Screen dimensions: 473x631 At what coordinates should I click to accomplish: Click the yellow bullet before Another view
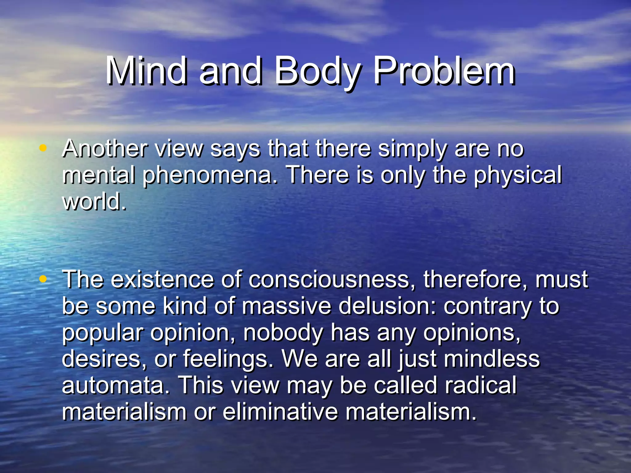(43, 148)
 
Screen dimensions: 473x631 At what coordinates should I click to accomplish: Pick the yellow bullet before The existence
(43, 279)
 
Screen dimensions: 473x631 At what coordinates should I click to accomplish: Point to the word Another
(104, 149)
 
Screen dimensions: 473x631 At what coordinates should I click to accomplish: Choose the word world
(94, 201)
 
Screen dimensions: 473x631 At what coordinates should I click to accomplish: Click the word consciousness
(332, 280)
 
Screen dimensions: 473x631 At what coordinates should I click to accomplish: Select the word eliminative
(280, 412)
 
